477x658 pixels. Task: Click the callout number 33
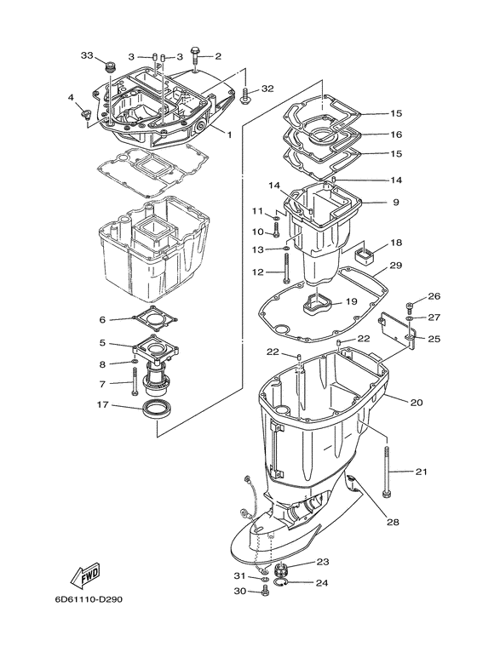[86, 55]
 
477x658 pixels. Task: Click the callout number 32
[267, 89]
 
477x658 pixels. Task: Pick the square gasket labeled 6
[154, 321]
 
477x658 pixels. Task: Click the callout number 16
[372, 134]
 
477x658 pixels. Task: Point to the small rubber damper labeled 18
[360, 253]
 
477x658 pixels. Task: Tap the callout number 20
[417, 402]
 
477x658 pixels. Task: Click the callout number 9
[371, 203]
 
